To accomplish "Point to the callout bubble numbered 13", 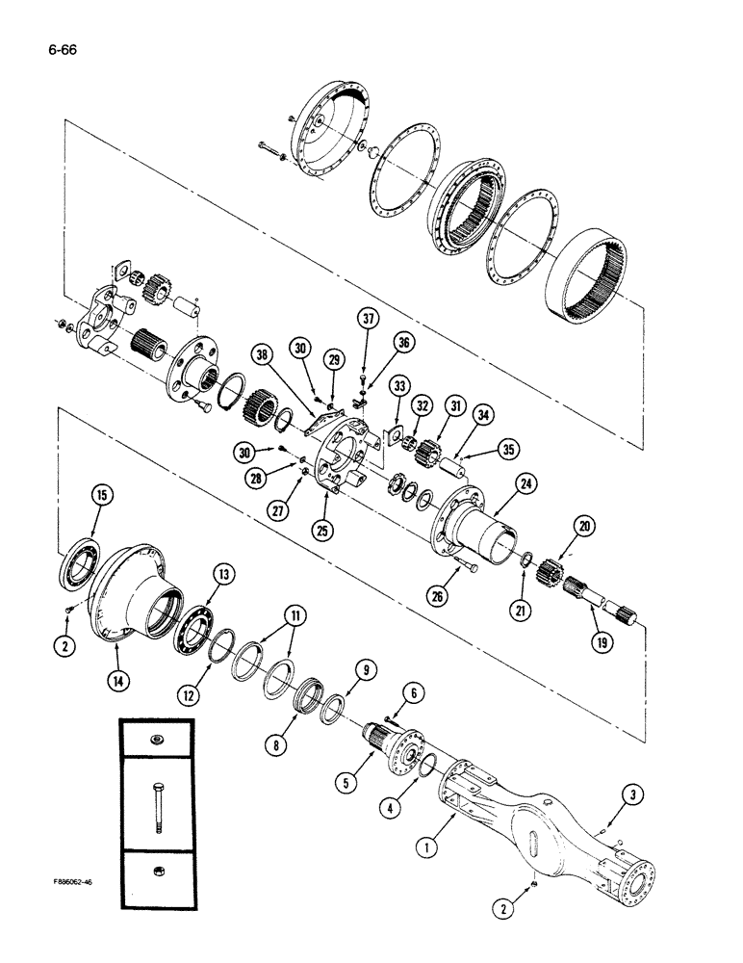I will coord(223,575).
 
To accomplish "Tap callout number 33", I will coord(399,386).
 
